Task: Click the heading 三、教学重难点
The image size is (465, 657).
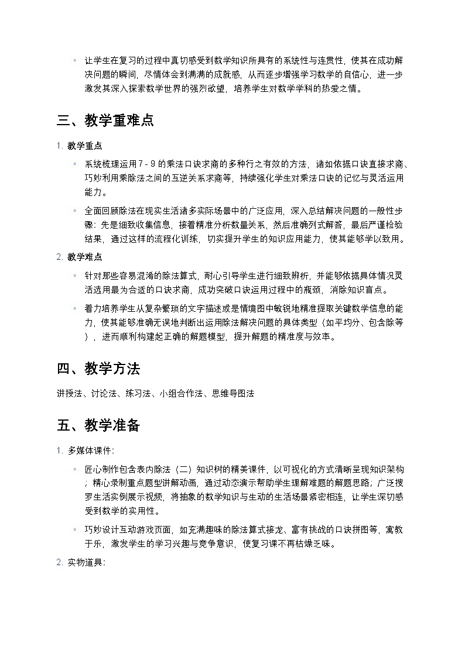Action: pyautogui.click(x=105, y=121)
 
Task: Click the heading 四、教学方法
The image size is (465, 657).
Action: pyautogui.click(x=98, y=369)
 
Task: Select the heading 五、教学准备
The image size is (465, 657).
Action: pyautogui.click(x=98, y=425)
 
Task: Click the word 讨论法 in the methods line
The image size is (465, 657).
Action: pyautogui.click(x=102, y=394)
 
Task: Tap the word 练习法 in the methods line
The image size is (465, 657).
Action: pyautogui.click(x=137, y=394)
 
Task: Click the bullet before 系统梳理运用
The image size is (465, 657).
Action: pyautogui.click(x=75, y=164)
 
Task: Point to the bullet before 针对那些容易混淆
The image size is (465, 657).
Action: pyautogui.click(x=75, y=275)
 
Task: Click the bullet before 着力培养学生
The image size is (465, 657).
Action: pyautogui.click(x=75, y=308)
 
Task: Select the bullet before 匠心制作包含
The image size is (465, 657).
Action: pyautogui.click(x=75, y=469)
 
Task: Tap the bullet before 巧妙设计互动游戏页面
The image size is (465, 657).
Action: pyautogui.click(x=75, y=529)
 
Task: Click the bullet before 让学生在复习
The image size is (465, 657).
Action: pyautogui.click(x=75, y=60)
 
